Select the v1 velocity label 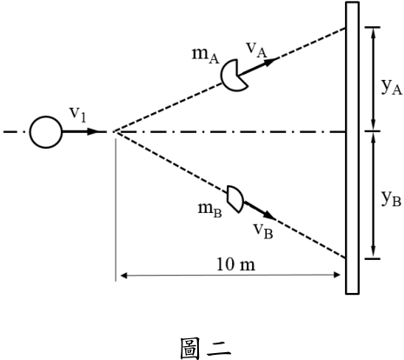(77, 114)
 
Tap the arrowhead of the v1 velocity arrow (93, 131)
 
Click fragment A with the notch (234, 76)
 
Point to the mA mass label (206, 55)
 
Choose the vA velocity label (256, 50)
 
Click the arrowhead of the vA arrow (270, 62)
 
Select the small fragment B (235, 199)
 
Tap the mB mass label (210, 210)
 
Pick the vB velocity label (263, 231)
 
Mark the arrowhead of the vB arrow (270, 216)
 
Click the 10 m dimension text (236, 264)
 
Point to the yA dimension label (392, 87)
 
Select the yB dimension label (391, 198)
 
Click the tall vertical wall (352, 148)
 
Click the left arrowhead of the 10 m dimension (124, 276)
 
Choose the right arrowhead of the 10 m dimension (337, 275)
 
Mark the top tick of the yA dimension (373, 27)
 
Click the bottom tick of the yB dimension (373, 258)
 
